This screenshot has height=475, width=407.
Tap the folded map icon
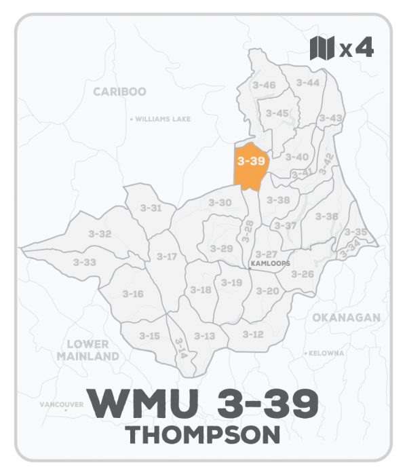(x=322, y=50)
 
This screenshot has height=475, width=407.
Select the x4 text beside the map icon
(x=356, y=50)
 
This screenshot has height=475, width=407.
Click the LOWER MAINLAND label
(x=88, y=350)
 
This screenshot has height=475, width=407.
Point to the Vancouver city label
(x=61, y=404)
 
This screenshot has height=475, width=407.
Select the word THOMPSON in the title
(x=203, y=434)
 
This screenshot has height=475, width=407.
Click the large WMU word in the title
(x=134, y=405)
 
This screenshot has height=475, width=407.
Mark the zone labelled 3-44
(x=307, y=82)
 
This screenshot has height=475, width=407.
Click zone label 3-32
(x=100, y=233)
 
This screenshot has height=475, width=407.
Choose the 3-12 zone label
(x=252, y=334)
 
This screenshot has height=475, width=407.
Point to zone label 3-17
(x=166, y=256)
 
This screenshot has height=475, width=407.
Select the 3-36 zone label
(x=327, y=216)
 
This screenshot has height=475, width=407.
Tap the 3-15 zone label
(x=149, y=336)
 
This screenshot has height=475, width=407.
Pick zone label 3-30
(x=220, y=202)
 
